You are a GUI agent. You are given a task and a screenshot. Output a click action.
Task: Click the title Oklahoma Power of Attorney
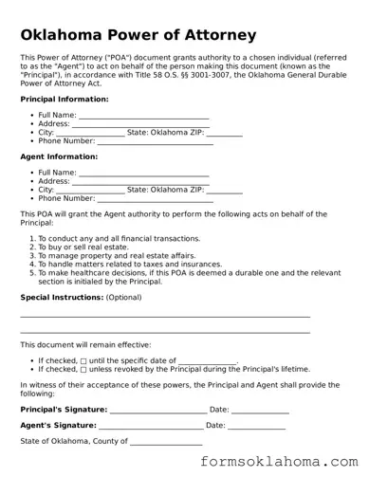pos(138,35)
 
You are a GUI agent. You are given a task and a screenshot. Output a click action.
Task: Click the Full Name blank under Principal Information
pos(142,117)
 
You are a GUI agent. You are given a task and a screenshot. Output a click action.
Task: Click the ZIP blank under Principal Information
pos(224,134)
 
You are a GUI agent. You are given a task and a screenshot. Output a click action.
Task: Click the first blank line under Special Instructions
pos(165,316)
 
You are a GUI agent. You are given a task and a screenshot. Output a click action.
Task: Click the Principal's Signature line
pos(157,411)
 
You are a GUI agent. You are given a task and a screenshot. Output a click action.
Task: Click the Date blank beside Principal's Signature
pos(260,411)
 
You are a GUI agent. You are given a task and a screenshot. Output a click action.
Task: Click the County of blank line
pos(165,443)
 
